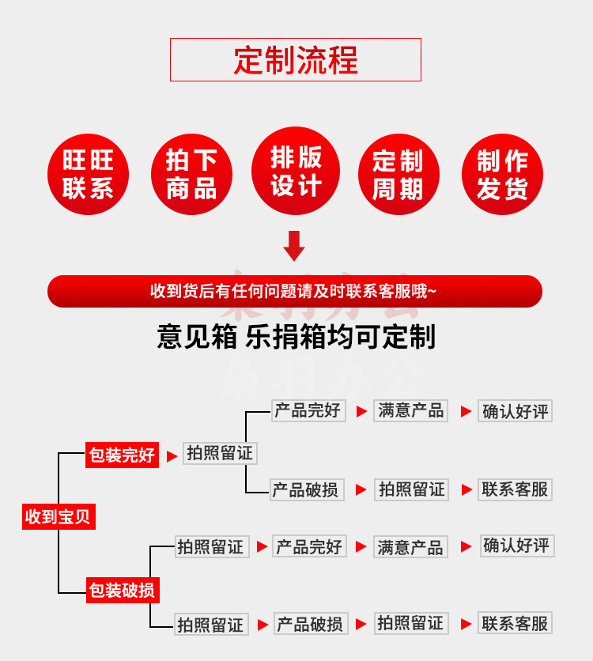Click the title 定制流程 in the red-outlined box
click(295, 60)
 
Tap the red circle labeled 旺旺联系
click(88, 174)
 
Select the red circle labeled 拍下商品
click(191, 174)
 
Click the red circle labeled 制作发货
click(502, 174)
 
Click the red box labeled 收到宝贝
click(59, 517)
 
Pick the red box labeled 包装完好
click(122, 455)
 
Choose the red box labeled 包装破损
click(122, 590)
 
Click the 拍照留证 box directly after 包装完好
click(220, 453)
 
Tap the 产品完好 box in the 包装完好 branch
click(308, 410)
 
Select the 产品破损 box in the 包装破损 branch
click(310, 624)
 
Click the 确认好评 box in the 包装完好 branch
click(515, 411)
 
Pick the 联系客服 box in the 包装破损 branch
click(515, 623)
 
